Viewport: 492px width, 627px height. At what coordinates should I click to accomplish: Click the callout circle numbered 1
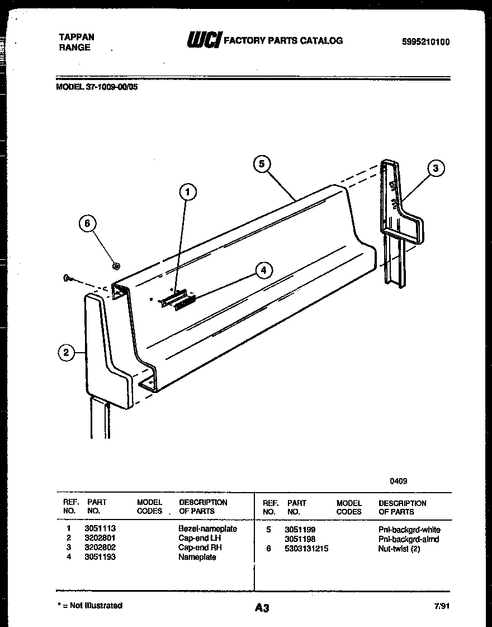pyautogui.click(x=188, y=192)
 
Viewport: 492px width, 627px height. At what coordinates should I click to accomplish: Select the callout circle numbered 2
pyautogui.click(x=67, y=352)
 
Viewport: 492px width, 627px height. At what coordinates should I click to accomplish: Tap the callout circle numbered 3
pyautogui.click(x=436, y=167)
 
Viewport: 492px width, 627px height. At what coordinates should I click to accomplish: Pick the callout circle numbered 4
pyautogui.click(x=264, y=270)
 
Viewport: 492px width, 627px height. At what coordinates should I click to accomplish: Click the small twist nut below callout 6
pyautogui.click(x=116, y=265)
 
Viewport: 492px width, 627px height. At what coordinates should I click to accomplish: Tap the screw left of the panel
pyautogui.click(x=68, y=278)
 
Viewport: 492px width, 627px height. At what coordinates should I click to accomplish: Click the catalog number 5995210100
pyautogui.click(x=425, y=42)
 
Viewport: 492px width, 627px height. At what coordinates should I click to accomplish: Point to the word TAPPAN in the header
pyautogui.click(x=77, y=37)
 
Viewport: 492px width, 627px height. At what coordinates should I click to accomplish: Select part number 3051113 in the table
pyautogui.click(x=100, y=528)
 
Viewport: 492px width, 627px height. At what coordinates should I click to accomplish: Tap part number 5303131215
pyautogui.click(x=306, y=549)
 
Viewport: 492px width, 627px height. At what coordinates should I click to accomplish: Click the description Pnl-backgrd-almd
pyautogui.click(x=409, y=539)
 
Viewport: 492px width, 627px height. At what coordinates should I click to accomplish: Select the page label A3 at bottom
pyautogui.click(x=261, y=608)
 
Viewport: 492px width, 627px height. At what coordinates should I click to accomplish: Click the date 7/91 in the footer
pyautogui.click(x=441, y=606)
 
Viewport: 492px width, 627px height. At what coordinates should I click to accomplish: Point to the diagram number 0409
pyautogui.click(x=399, y=480)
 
